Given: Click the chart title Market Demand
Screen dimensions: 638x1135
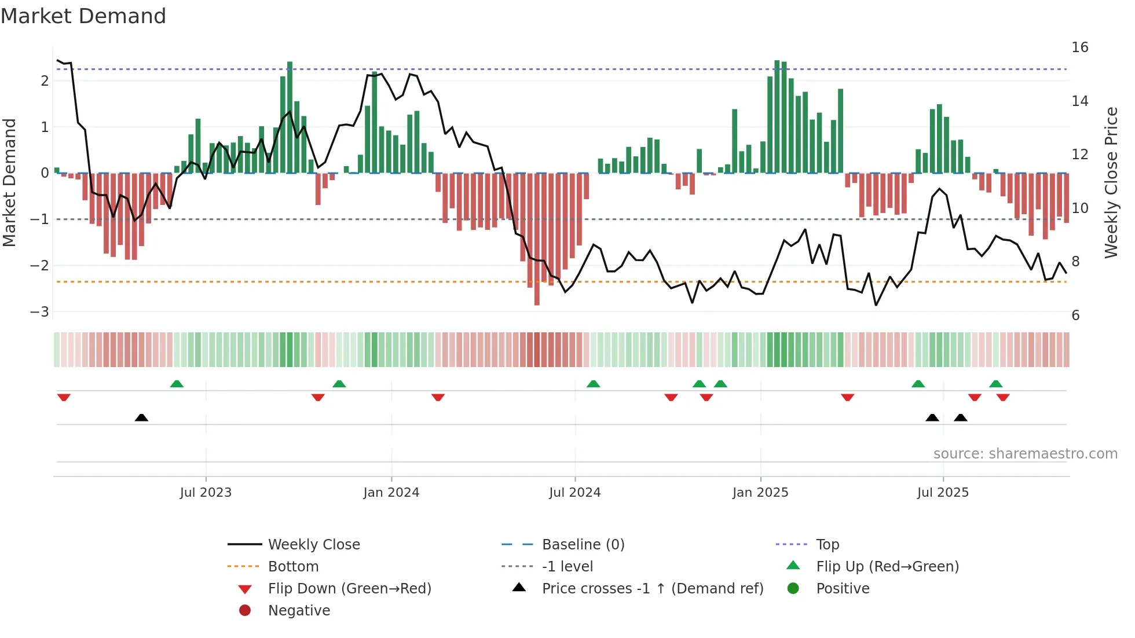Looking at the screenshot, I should pyautogui.click(x=83, y=16).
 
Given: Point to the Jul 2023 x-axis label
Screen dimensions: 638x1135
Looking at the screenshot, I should pyautogui.click(x=206, y=493).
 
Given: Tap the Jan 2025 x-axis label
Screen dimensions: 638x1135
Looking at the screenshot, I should pyautogui.click(x=760, y=493).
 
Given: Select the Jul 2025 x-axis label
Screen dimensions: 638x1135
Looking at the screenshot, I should pyautogui.click(x=943, y=493).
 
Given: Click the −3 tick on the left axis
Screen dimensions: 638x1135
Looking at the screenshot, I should pyautogui.click(x=39, y=311).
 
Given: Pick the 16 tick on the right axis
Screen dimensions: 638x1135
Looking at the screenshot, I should pyautogui.click(x=1080, y=47).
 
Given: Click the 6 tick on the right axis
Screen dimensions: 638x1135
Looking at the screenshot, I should pyautogui.click(x=1076, y=316).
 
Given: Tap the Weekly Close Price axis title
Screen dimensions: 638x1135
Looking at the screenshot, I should pyautogui.click(x=1111, y=182).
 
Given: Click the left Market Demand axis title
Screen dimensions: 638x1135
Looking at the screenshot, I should pyautogui.click(x=10, y=182).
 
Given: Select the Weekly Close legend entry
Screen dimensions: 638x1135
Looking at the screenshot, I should pyautogui.click(x=313, y=545).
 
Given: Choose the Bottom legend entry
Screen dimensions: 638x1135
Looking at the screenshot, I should pyautogui.click(x=293, y=567).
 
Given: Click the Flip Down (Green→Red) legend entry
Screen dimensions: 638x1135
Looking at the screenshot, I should pyautogui.click(x=349, y=589).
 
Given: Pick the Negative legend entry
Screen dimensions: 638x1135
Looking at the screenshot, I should pyautogui.click(x=299, y=611).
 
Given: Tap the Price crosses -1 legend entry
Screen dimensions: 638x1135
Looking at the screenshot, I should pyautogui.click(x=652, y=589).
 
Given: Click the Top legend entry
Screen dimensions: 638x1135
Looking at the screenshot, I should pyautogui.click(x=828, y=545).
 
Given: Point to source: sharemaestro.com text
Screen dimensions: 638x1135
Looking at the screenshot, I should pyautogui.click(x=1025, y=454).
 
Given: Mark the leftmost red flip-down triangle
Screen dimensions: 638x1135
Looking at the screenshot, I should pyautogui.click(x=64, y=397).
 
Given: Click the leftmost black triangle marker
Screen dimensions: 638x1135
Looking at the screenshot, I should pyautogui.click(x=141, y=417).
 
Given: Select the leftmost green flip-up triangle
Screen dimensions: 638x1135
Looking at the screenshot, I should pyautogui.click(x=177, y=384).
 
